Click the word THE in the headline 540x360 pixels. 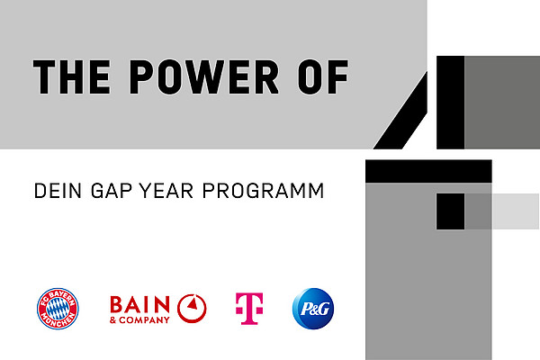coord(72,76)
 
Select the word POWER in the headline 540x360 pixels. coord(204,76)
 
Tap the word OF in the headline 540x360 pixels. coord(323,76)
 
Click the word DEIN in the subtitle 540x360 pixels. coord(58,191)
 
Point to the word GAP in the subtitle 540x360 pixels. coord(112,191)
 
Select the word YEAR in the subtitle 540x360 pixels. coord(166,191)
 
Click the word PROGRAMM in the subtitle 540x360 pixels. coord(263,191)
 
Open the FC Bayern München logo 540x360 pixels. coord(58,309)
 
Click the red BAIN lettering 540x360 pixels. coord(139,305)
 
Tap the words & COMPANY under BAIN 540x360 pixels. coord(139,320)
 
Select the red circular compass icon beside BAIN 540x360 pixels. coord(192,309)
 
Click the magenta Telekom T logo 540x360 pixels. coord(249,309)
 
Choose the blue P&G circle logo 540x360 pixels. coord(313,309)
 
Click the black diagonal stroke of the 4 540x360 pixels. coord(400,110)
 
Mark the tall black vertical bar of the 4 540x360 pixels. coord(451,103)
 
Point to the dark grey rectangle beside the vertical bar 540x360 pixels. coord(502,103)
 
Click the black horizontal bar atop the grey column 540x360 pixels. coord(428,171)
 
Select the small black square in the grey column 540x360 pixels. coord(451,211)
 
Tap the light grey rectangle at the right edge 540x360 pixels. coord(515,211)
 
